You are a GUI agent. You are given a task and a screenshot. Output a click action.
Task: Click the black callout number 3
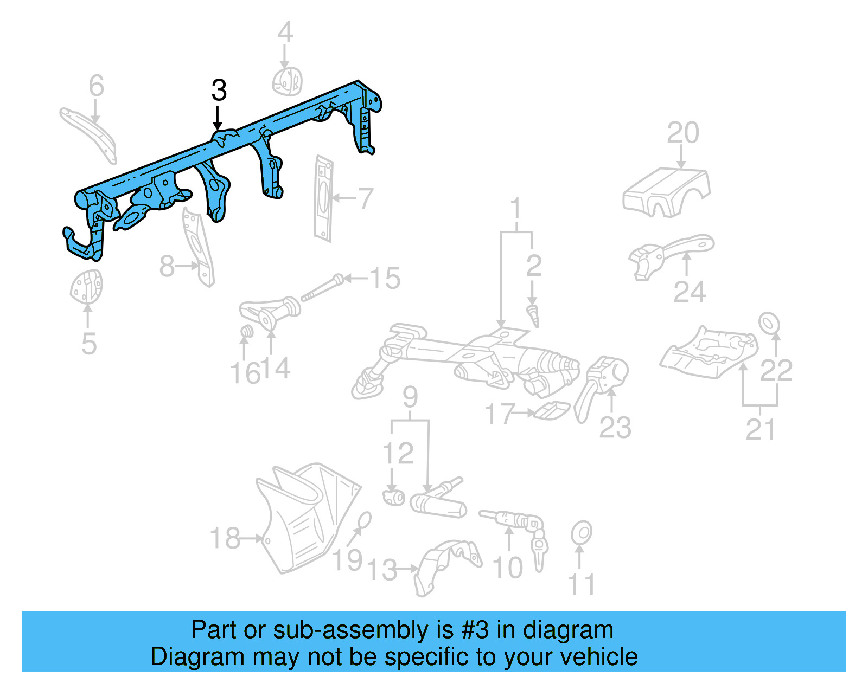tap(219, 91)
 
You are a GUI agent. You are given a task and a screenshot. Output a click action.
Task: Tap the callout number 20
tap(682, 133)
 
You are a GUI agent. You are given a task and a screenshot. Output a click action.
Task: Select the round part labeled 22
tap(769, 323)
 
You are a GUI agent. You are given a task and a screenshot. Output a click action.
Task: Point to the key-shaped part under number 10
tap(539, 550)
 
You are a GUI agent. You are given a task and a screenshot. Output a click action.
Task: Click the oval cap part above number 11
tap(581, 533)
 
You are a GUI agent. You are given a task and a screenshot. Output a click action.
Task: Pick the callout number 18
tap(225, 539)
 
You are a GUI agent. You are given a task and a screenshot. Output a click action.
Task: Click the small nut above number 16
tap(247, 331)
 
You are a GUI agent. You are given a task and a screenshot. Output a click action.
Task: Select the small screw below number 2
tap(534, 315)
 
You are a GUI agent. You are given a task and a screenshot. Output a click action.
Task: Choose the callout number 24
tap(690, 292)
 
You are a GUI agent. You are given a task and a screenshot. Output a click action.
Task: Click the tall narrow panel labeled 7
tap(323, 198)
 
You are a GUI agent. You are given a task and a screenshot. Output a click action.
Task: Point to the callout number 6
tap(96, 86)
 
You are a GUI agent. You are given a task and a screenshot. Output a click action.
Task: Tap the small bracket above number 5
tap(87, 286)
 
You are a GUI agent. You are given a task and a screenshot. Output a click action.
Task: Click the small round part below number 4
tap(287, 82)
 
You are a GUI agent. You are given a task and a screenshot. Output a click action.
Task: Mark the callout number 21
tap(760, 430)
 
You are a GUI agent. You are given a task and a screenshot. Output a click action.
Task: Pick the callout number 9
tap(410, 397)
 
